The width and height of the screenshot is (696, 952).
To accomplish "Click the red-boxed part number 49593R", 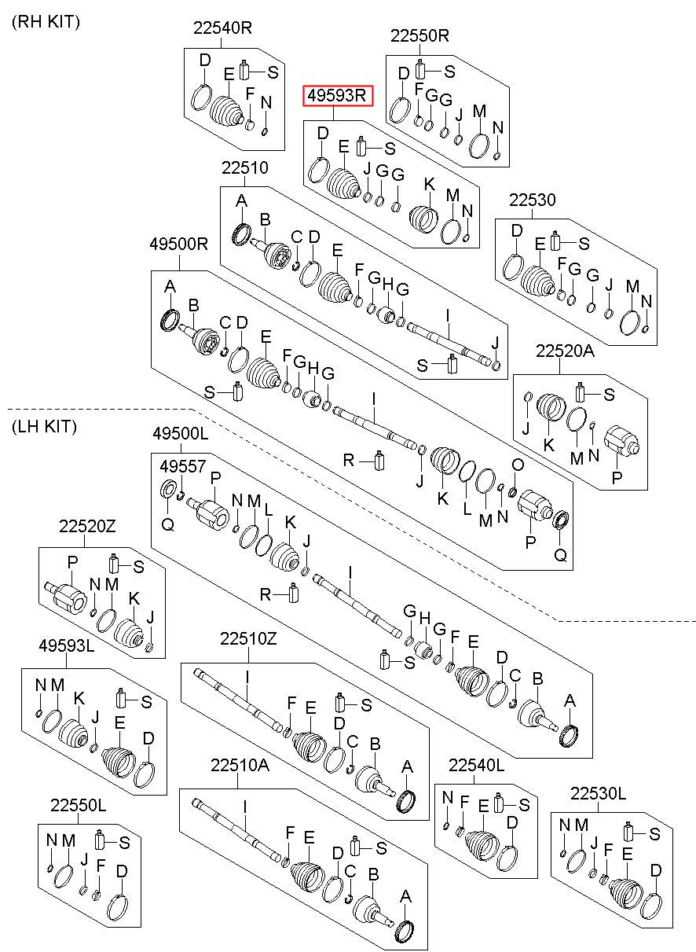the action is tap(336, 96).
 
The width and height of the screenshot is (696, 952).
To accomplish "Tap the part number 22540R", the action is tap(222, 28).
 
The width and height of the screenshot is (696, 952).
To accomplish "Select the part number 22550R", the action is tap(419, 35).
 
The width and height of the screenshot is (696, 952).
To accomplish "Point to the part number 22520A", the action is tap(565, 351).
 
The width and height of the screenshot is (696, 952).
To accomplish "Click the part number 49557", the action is tap(183, 466).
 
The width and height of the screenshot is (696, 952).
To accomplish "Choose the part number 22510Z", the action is tap(248, 638).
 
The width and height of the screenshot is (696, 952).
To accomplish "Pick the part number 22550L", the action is tap(78, 805).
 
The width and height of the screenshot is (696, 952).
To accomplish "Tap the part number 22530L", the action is tap(598, 793).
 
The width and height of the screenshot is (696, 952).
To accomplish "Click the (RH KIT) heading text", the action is tap(46, 22).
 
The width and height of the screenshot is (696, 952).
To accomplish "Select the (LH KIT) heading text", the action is tap(45, 426).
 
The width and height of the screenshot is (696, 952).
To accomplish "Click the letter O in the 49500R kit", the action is tap(518, 465).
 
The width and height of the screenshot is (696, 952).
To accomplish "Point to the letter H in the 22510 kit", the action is tap(387, 285).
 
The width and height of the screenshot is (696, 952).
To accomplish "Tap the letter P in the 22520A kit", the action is tap(617, 478).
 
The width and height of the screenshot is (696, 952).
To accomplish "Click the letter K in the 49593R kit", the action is tap(430, 184).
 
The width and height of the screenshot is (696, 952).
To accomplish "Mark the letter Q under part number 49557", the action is tap(168, 525).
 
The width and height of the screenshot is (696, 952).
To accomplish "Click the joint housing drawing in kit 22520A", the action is tap(621, 442).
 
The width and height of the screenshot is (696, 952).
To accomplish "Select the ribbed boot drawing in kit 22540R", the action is tap(226, 112).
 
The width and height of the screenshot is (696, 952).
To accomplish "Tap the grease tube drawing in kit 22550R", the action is tap(420, 69).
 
